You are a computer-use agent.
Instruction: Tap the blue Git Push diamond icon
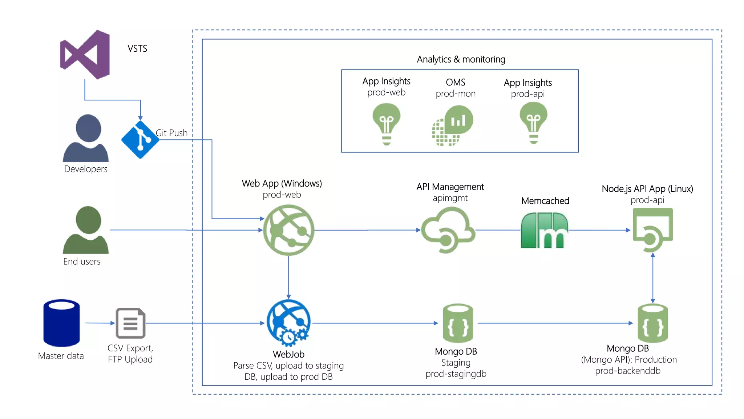click(x=140, y=140)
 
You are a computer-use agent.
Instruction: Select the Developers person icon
click(x=86, y=138)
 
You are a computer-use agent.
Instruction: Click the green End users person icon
click(x=86, y=230)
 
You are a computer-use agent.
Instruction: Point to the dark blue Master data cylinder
click(x=61, y=323)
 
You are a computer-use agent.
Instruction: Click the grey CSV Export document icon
click(x=130, y=323)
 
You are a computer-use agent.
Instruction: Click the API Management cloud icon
click(x=448, y=230)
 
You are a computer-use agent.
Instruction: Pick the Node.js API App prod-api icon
click(x=652, y=230)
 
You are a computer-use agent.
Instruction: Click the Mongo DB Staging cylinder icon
click(x=458, y=323)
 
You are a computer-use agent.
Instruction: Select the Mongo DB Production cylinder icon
click(x=652, y=323)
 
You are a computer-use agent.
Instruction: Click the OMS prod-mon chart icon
click(x=453, y=126)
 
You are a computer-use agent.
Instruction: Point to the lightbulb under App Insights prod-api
click(x=533, y=123)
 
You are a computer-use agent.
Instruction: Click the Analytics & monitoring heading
click(x=461, y=59)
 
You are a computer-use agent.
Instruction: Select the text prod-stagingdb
click(x=456, y=374)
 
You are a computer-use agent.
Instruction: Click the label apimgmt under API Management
click(x=450, y=198)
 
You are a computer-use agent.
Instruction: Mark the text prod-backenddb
click(x=627, y=371)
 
